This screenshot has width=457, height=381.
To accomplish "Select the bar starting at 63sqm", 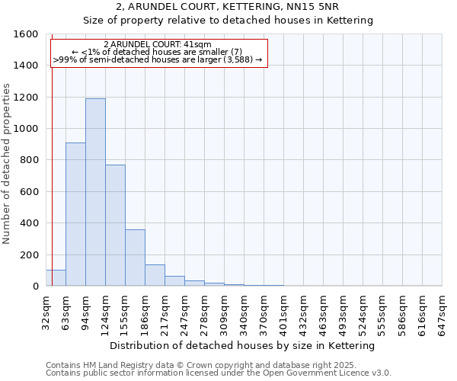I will coord(75,214).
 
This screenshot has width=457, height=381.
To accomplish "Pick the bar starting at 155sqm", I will coord(135,258).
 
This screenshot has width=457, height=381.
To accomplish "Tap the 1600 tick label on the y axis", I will coord(27,34).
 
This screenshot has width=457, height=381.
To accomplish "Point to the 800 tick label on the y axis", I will coord(30,160).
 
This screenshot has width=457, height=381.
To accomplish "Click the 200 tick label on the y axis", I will coord(30,255).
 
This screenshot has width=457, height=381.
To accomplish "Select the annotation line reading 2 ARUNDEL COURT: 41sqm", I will coord(158,45).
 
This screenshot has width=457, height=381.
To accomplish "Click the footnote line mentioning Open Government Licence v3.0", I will coord(218,373).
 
